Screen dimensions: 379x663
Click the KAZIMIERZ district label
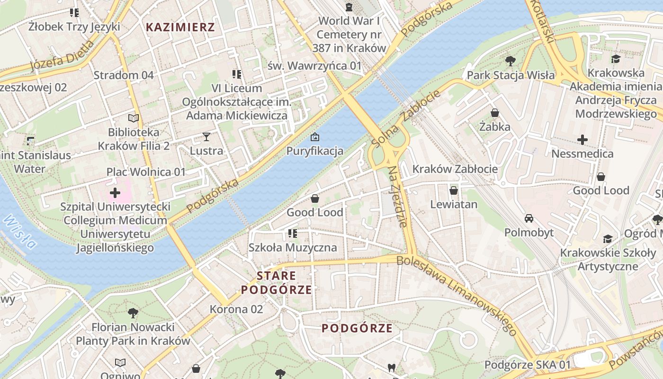tap(180, 27)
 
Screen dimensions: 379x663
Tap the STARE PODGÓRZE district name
tap(277, 283)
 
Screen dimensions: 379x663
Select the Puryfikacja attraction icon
tap(314, 137)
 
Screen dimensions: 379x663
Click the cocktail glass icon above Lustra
tap(206, 137)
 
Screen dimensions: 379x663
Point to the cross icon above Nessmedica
tap(582, 140)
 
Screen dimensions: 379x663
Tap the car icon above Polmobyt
tap(529, 218)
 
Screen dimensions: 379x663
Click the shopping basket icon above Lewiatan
tap(454, 190)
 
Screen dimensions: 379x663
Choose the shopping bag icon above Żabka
tap(495, 113)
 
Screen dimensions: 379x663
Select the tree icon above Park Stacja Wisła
tap(510, 61)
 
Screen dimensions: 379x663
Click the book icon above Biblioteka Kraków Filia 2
tap(134, 118)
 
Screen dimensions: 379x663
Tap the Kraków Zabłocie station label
tap(455, 169)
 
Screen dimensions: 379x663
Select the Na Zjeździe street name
tap(398, 197)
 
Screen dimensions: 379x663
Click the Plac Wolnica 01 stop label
tap(146, 171)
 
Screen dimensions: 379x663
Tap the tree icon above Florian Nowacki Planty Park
tap(133, 313)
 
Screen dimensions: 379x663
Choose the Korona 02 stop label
tap(236, 309)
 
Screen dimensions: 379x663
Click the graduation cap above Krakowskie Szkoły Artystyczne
tap(608, 239)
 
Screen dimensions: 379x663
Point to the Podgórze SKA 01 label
tap(528, 365)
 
